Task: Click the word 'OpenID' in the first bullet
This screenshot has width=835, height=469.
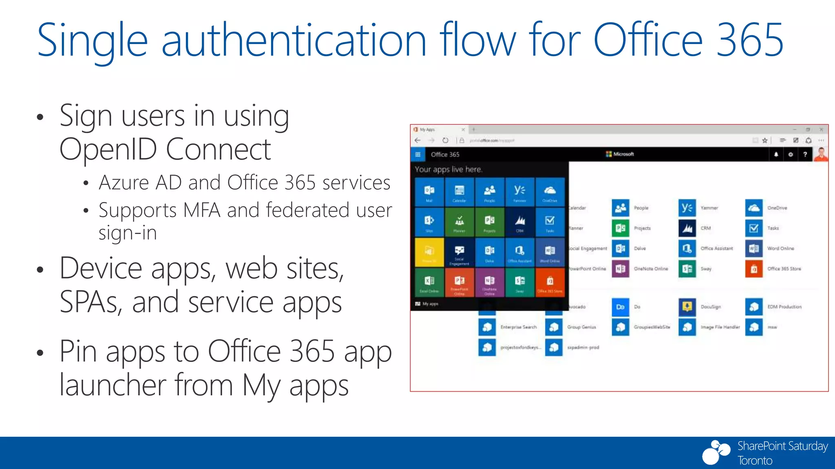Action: [x=108, y=149]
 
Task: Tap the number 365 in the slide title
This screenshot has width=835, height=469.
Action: [x=749, y=40]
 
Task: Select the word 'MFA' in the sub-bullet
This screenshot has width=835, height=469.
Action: [x=201, y=210]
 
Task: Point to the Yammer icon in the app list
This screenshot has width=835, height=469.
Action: [x=687, y=208]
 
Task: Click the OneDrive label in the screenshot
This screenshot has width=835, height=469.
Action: [x=777, y=208]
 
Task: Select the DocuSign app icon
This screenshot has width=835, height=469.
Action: [x=687, y=307]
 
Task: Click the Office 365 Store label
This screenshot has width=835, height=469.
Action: [x=784, y=269]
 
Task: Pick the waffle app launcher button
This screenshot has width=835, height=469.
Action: [x=418, y=154]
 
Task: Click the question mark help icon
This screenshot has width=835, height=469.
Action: [x=805, y=154]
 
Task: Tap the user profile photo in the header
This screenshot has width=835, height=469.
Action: [x=821, y=154]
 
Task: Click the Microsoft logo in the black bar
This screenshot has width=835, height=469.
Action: [x=620, y=154]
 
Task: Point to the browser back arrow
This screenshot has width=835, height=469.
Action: [x=417, y=140]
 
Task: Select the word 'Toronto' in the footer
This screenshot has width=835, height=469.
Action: [x=755, y=460]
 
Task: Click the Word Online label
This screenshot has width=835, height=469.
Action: [x=780, y=248]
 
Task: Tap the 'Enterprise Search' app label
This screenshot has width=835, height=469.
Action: [x=519, y=327]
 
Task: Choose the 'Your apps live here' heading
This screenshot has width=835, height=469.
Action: [x=448, y=169]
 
